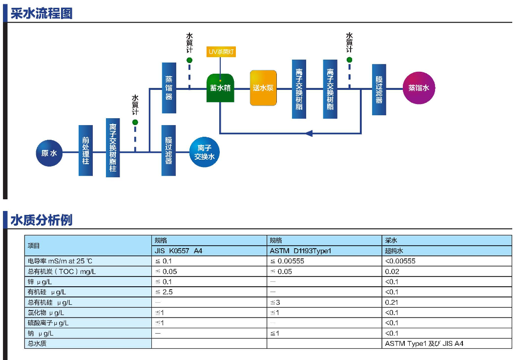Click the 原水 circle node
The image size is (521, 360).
tap(49, 153)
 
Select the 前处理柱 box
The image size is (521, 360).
tap(85, 150)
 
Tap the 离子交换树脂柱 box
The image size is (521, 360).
tap(113, 148)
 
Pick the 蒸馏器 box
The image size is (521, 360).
tap(169, 88)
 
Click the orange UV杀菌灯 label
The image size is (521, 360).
tap(221, 51)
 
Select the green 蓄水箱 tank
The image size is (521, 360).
tap(220, 88)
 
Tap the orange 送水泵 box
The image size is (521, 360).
tap(263, 88)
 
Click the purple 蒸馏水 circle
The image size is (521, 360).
tap(418, 88)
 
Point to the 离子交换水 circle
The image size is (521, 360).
tap(205, 152)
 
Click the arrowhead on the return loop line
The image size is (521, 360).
tap(309, 133)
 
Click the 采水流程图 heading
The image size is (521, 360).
tap(42, 13)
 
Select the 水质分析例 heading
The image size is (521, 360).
tap(42, 220)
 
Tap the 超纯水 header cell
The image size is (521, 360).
tap(394, 251)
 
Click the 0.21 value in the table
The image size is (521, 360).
tap(392, 302)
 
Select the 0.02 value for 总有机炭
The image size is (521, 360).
tap(392, 272)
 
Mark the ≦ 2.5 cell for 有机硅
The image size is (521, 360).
tap(164, 292)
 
